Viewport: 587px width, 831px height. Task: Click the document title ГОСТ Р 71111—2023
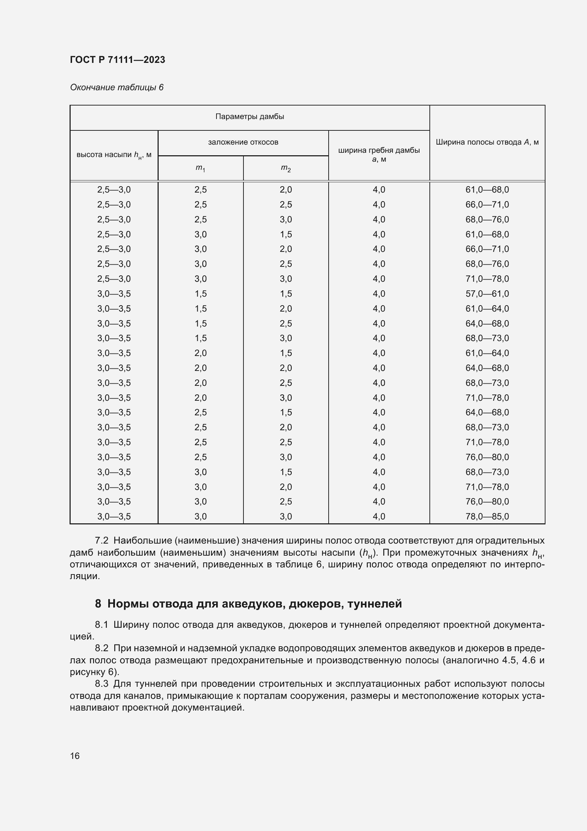click(117, 60)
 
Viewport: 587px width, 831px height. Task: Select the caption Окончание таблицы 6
click(117, 88)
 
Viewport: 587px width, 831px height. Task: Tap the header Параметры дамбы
click(249, 117)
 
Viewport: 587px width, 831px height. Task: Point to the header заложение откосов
click(243, 142)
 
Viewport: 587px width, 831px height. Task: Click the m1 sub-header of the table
click(201, 168)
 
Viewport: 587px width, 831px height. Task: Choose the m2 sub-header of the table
click(286, 168)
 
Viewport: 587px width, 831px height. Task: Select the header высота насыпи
click(114, 155)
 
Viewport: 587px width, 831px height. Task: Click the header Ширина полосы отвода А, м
click(487, 142)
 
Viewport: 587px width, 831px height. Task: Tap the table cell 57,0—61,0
click(487, 294)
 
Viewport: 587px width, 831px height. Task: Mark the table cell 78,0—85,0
click(487, 517)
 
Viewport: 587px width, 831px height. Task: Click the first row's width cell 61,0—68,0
click(487, 190)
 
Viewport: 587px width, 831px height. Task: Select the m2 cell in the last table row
click(286, 517)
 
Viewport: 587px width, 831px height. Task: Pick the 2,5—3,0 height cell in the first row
click(114, 190)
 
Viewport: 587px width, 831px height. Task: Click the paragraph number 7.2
click(102, 541)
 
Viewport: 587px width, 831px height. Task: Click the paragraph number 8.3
click(102, 684)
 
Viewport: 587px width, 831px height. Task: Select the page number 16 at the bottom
click(75, 756)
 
